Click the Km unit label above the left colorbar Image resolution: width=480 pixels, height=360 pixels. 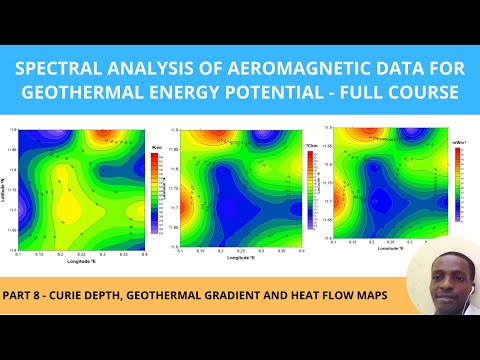point(155,147)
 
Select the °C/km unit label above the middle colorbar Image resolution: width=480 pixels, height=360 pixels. point(310,146)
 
